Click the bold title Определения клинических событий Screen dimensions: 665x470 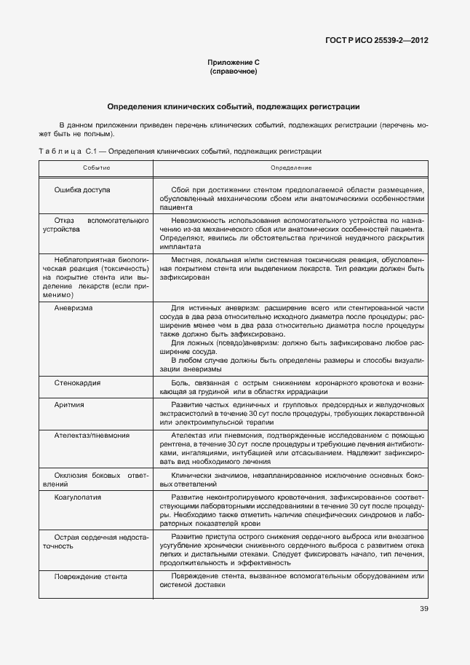tap(234, 107)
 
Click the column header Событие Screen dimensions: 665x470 tap(96, 168)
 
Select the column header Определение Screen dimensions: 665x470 tap(291, 168)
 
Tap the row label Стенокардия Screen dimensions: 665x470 tap(77, 382)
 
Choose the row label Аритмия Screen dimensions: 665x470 tap(69, 404)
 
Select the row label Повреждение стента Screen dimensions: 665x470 tap(91, 576)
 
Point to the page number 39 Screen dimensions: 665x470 tap(423, 609)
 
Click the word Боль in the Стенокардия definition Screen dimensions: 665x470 tap(179, 382)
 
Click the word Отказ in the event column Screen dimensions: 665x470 tap(65, 219)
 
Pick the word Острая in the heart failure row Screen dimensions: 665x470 tap(66, 536)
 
